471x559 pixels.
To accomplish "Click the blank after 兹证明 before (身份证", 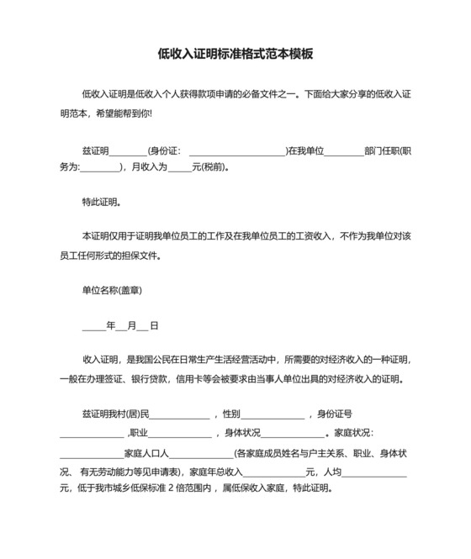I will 129,151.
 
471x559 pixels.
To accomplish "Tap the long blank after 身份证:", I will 238,151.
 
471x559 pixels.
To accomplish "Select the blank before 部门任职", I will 344,151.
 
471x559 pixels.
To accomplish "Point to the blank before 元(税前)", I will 179,167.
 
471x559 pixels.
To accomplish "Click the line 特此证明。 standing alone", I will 101,202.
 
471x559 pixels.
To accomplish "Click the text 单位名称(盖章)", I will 111,291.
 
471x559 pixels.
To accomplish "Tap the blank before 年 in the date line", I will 93,325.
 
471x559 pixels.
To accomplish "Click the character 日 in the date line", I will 154,325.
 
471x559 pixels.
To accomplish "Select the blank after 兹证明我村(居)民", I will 179,414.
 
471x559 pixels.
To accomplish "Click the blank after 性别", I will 273,414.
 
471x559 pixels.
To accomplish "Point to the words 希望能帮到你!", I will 114,113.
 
